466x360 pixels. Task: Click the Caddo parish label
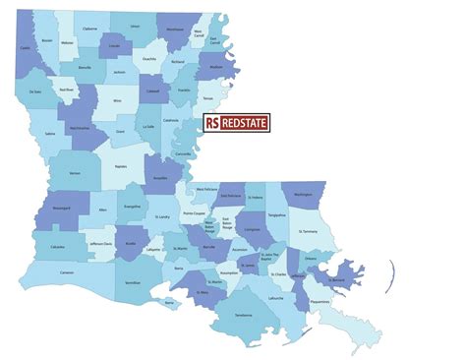tap(25, 47)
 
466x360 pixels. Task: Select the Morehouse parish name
tap(174, 30)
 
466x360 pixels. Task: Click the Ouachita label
tap(149, 58)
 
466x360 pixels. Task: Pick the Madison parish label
tap(218, 68)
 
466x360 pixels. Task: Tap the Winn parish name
tap(117, 100)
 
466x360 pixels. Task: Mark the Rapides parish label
tap(121, 167)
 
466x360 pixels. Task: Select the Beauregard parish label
tap(61, 209)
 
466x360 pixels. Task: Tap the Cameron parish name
tap(66, 271)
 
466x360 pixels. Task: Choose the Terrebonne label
tap(245, 314)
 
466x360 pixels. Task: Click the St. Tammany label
tap(308, 233)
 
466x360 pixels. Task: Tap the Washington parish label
tap(303, 194)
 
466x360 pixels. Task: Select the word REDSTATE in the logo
tap(248, 123)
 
